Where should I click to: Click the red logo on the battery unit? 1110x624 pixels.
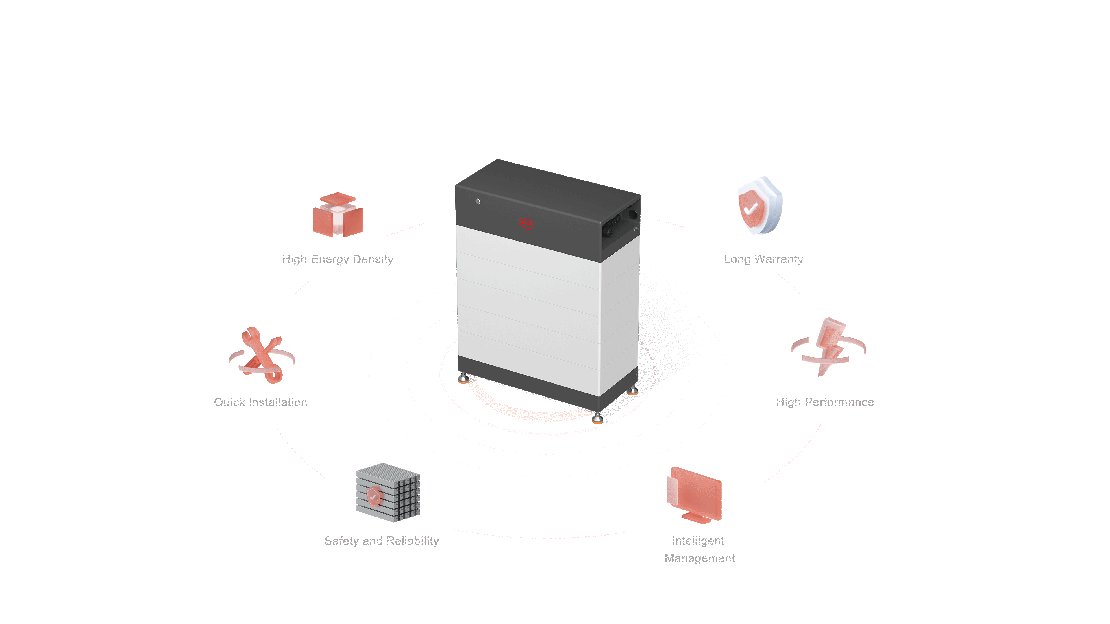point(526,223)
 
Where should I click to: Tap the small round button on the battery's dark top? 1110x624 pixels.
point(478,202)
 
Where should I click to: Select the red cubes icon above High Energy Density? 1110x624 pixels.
point(338,215)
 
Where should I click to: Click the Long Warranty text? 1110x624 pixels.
point(763,259)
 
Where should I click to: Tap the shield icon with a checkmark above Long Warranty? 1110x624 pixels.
point(760,206)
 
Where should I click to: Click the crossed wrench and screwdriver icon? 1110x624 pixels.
point(262,356)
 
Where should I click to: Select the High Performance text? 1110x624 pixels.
point(825,402)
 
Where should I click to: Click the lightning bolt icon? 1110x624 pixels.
point(830,346)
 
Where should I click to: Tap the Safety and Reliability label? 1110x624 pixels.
point(381,541)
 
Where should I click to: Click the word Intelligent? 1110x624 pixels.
point(698,541)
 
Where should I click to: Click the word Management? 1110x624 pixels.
point(699,558)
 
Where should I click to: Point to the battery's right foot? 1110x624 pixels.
point(632,391)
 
